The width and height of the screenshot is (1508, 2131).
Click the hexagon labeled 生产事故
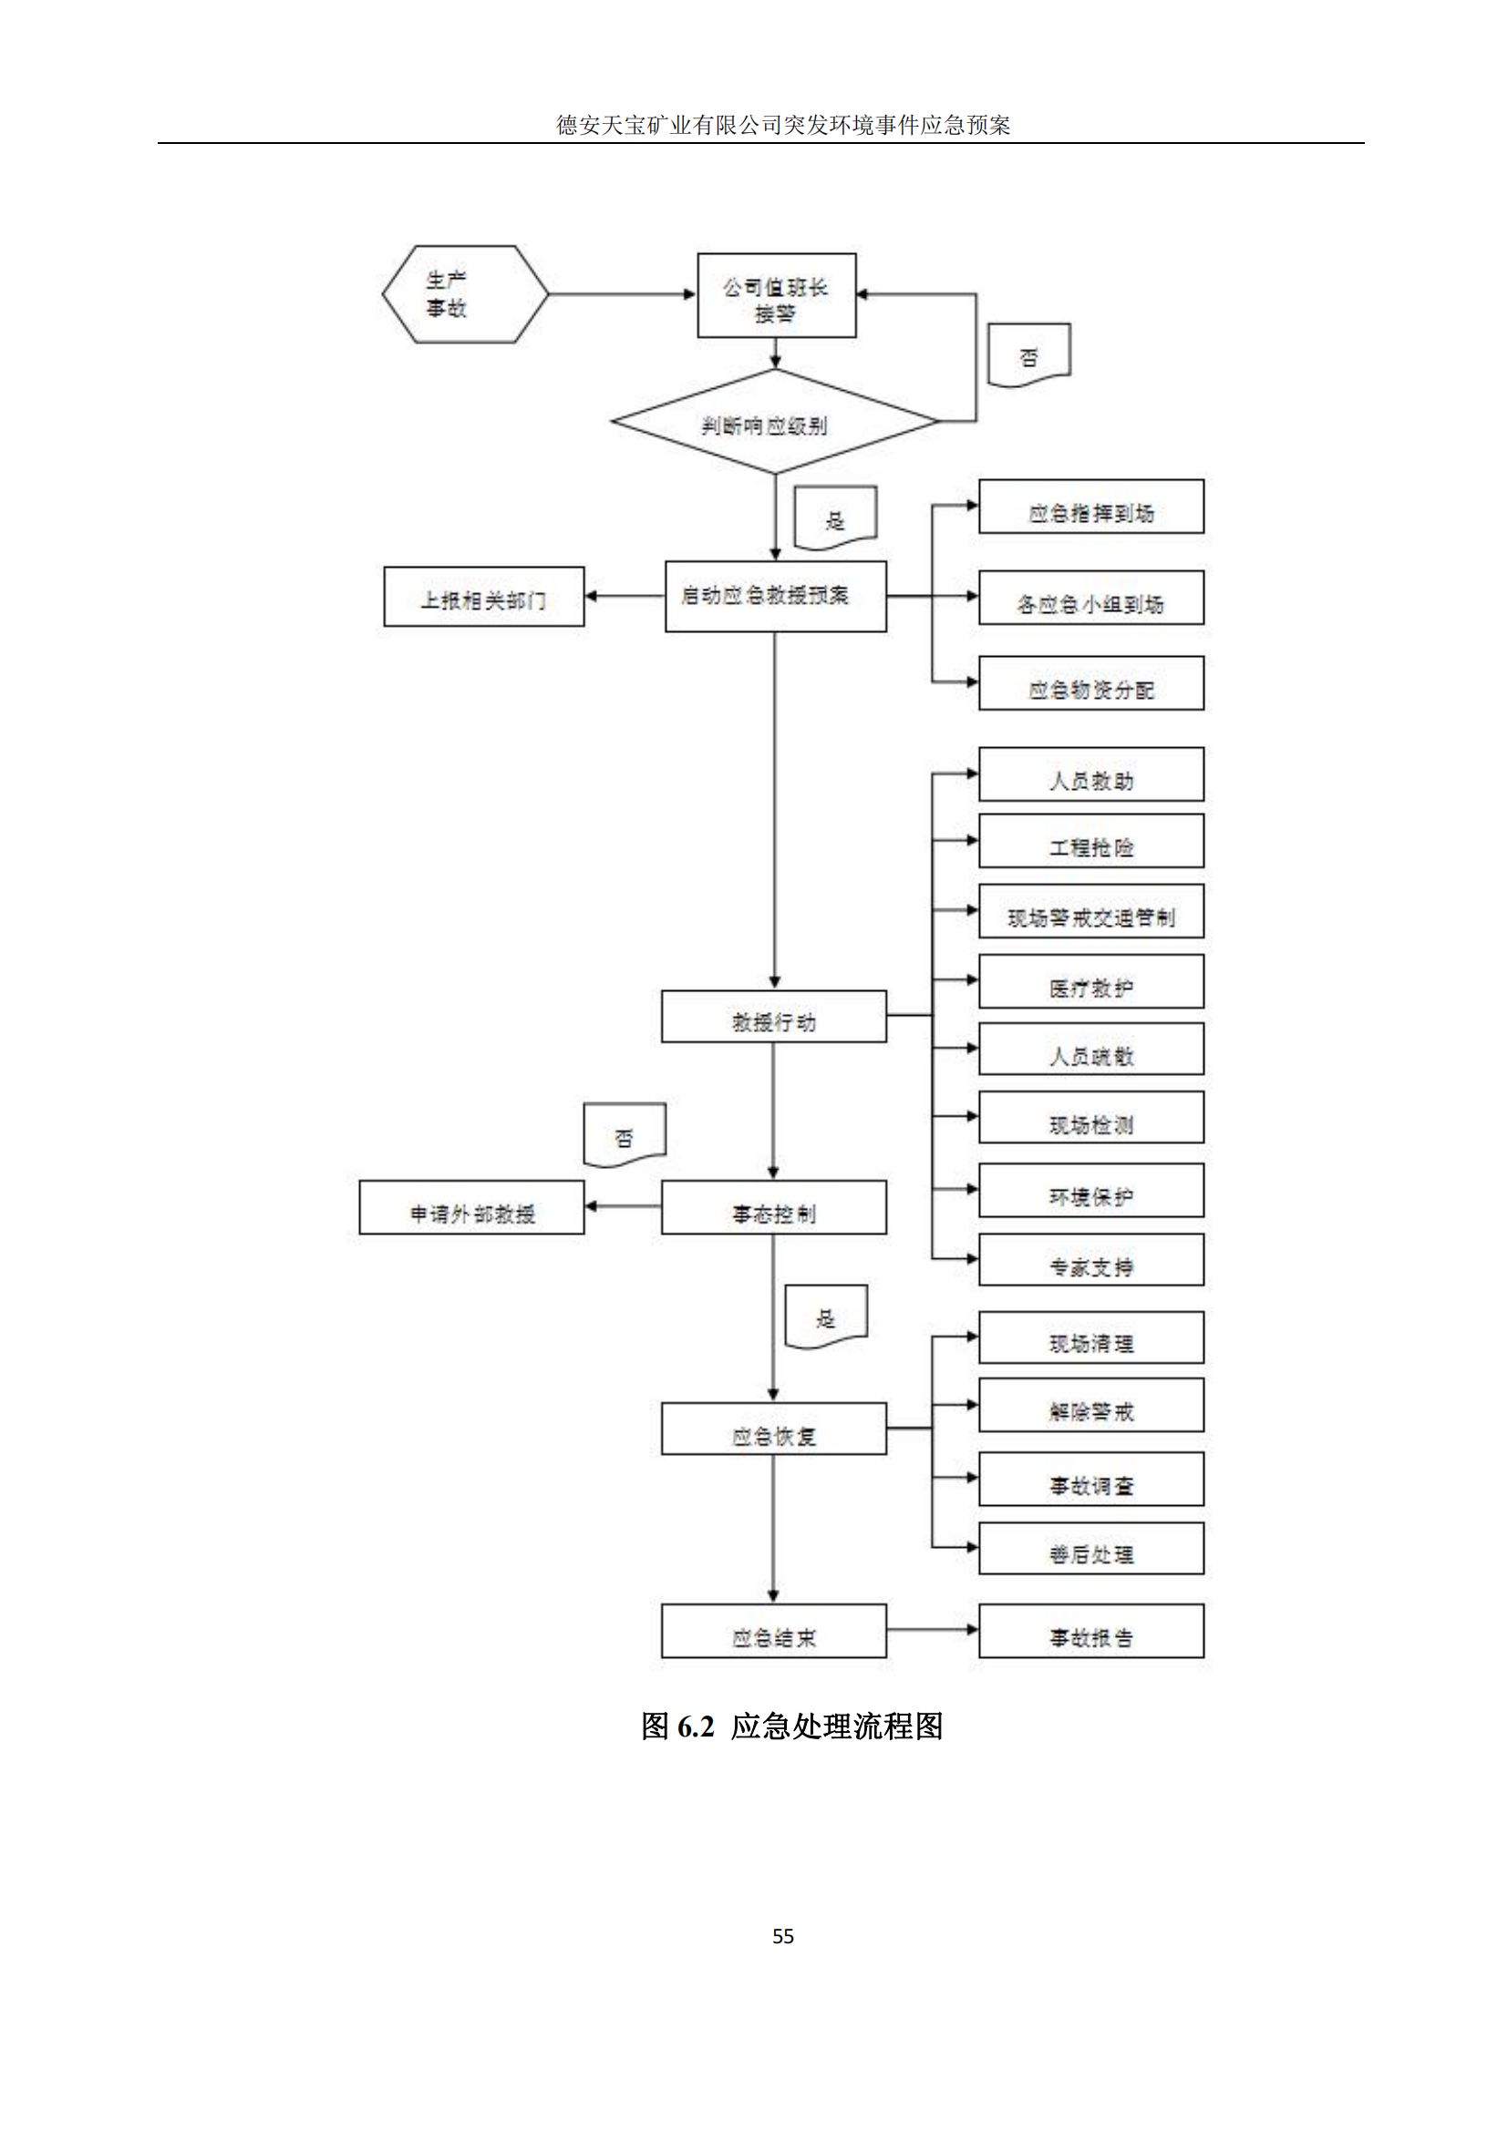click(x=465, y=294)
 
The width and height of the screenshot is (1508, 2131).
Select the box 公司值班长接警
click(x=776, y=295)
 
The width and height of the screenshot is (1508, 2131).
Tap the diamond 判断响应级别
click(x=774, y=423)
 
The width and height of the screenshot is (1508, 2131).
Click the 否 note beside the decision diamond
click(x=1028, y=353)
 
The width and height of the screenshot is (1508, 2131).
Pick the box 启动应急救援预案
click(x=775, y=596)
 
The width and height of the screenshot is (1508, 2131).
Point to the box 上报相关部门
click(x=484, y=597)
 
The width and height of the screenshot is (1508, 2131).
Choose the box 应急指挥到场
click(x=1091, y=507)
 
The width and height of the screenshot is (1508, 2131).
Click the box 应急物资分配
click(x=1091, y=683)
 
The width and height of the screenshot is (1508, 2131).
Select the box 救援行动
click(x=773, y=1017)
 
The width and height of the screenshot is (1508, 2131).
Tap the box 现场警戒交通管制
click(x=1091, y=911)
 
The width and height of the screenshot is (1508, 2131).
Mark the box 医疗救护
click(x=1091, y=982)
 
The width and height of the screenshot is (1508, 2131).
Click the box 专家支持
click(x=1091, y=1259)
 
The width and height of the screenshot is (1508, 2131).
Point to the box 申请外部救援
click(x=471, y=1207)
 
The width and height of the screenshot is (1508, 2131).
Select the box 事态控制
click(x=773, y=1207)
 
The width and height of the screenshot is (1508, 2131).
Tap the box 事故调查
click(x=1091, y=1479)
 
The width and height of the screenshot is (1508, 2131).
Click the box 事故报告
click(x=1091, y=1631)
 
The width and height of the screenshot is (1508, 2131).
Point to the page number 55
click(x=783, y=1936)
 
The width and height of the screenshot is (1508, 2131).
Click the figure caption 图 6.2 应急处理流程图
click(x=791, y=1726)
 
